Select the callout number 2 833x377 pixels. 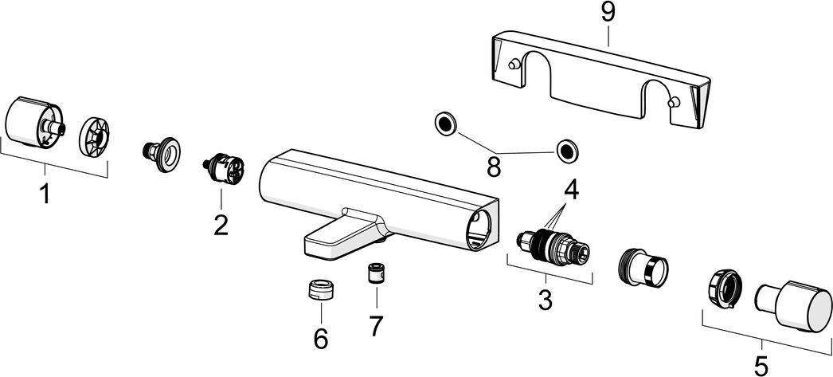[221, 224]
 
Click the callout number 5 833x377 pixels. [761, 363]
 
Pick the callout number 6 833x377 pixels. [321, 338]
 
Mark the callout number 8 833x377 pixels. [494, 166]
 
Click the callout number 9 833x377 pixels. [607, 13]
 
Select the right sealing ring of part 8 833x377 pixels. [566, 148]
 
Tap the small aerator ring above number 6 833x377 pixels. [320, 289]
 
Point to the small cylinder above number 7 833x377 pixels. [375, 274]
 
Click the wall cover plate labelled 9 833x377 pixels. [597, 80]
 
